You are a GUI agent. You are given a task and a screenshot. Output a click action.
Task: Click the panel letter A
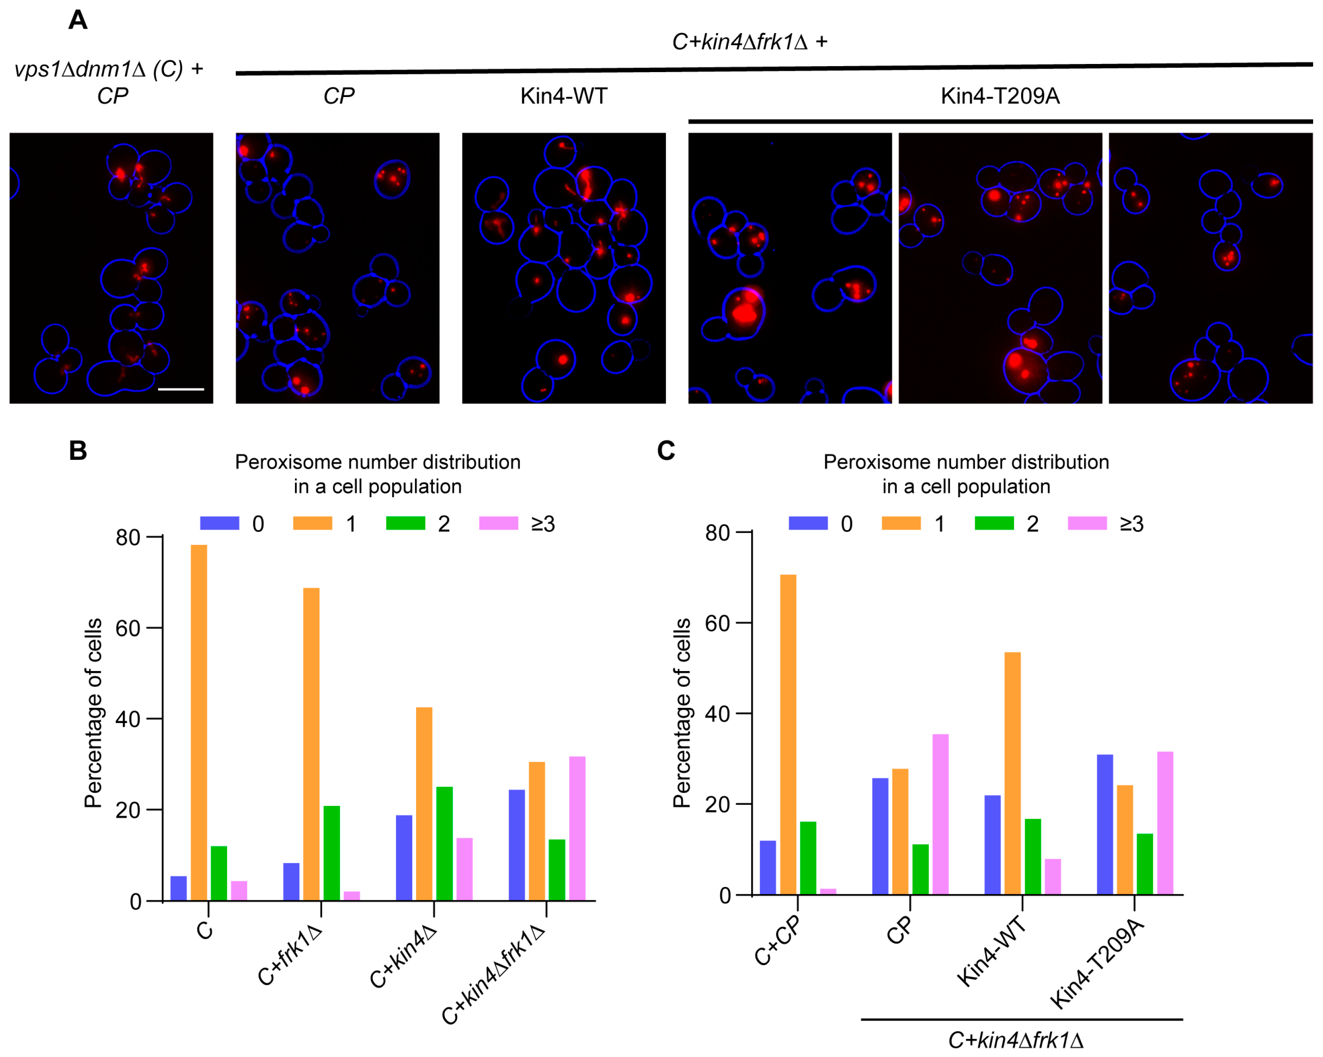tap(78, 20)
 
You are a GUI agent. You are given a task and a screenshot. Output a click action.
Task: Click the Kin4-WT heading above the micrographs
tap(563, 96)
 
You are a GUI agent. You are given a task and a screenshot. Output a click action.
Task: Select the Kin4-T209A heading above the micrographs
tap(1000, 96)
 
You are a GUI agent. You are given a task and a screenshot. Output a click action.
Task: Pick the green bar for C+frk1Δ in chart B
tap(332, 853)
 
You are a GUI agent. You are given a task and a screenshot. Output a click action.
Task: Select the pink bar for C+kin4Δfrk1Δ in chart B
tap(577, 828)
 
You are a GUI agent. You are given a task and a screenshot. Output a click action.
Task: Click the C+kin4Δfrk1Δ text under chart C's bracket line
tap(1016, 1040)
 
